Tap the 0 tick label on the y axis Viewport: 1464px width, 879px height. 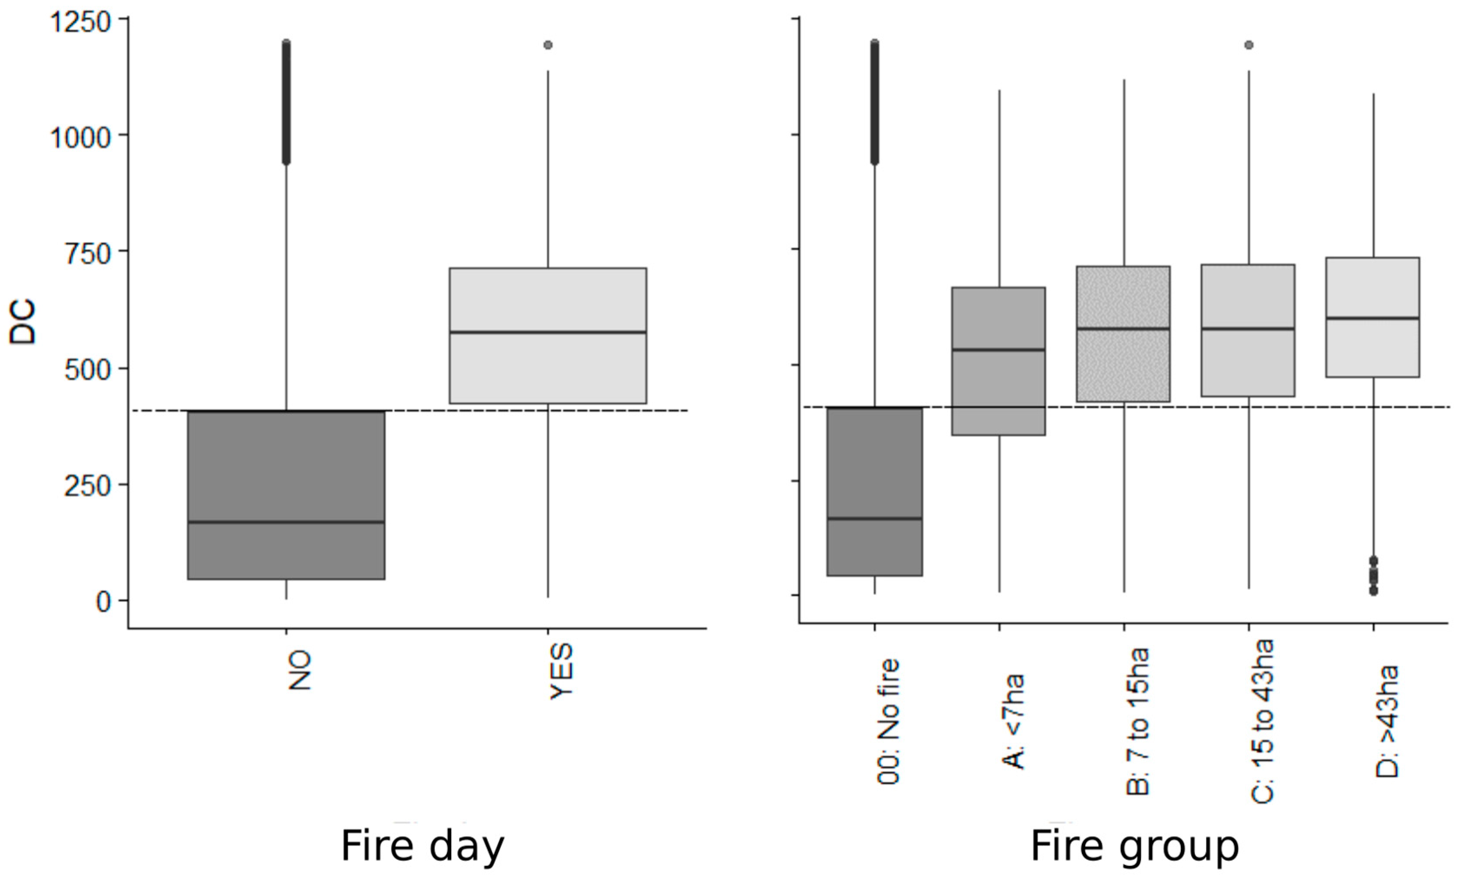click(x=104, y=602)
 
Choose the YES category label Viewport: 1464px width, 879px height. click(x=561, y=671)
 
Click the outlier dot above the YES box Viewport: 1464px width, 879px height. click(x=548, y=45)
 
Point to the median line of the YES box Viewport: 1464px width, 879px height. click(x=548, y=332)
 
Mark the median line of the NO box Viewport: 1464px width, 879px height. click(x=286, y=522)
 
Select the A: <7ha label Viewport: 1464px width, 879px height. click(x=1013, y=721)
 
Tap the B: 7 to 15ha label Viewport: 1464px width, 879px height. click(x=1137, y=721)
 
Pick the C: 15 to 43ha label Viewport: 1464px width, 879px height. click(x=1262, y=721)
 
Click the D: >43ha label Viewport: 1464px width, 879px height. click(x=1386, y=721)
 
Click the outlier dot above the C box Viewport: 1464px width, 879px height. click(x=1249, y=45)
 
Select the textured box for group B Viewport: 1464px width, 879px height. click(x=1124, y=367)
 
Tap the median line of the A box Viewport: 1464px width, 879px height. click(x=998, y=350)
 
